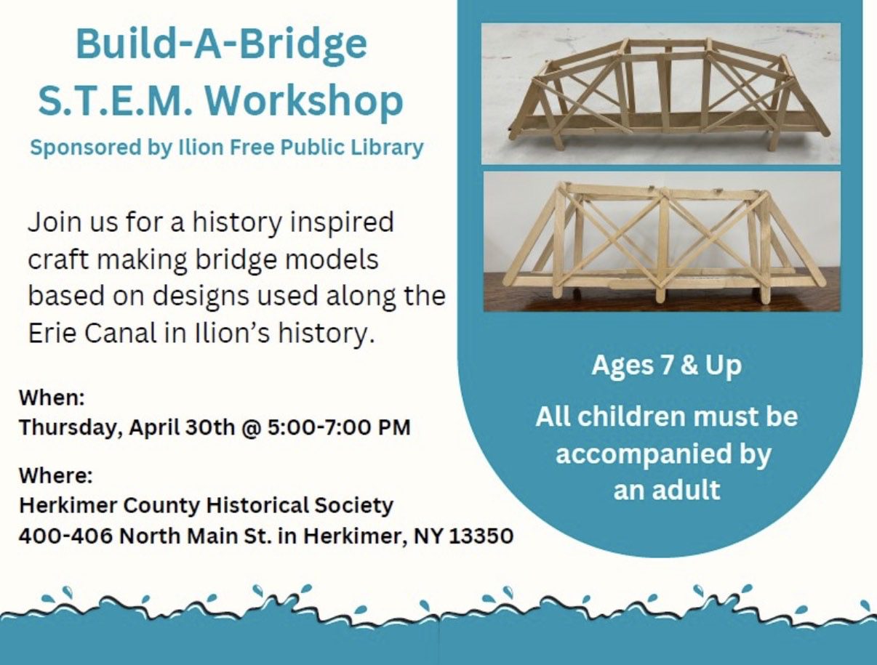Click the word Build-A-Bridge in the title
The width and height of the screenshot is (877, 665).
(x=221, y=45)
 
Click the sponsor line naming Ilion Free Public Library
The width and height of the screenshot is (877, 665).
(x=226, y=148)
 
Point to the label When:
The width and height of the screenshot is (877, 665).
(x=52, y=398)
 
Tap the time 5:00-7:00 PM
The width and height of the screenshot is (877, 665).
(x=339, y=427)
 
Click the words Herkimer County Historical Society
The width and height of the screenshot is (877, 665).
(x=206, y=505)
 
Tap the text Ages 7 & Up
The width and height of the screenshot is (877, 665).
(x=666, y=365)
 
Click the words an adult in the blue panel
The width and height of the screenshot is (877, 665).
(x=666, y=489)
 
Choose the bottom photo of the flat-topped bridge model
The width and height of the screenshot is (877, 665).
(x=662, y=241)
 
